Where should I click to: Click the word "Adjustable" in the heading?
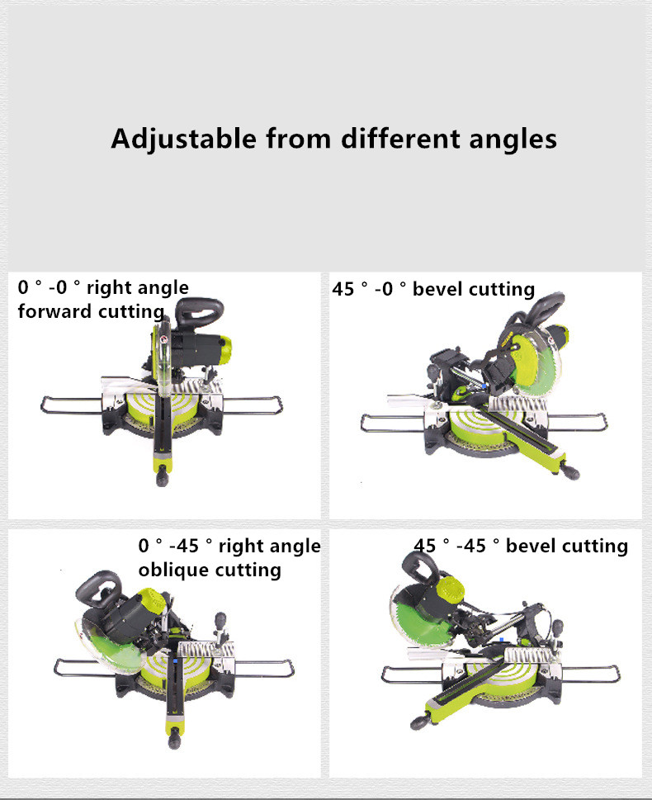183,139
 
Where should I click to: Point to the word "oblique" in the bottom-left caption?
172,570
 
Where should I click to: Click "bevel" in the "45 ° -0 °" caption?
437,289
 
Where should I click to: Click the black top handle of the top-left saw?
199,310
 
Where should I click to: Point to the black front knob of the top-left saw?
163,476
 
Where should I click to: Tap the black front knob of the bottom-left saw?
174,738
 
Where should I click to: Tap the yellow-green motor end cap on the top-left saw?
224,349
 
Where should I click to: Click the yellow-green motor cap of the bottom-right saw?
452,592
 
